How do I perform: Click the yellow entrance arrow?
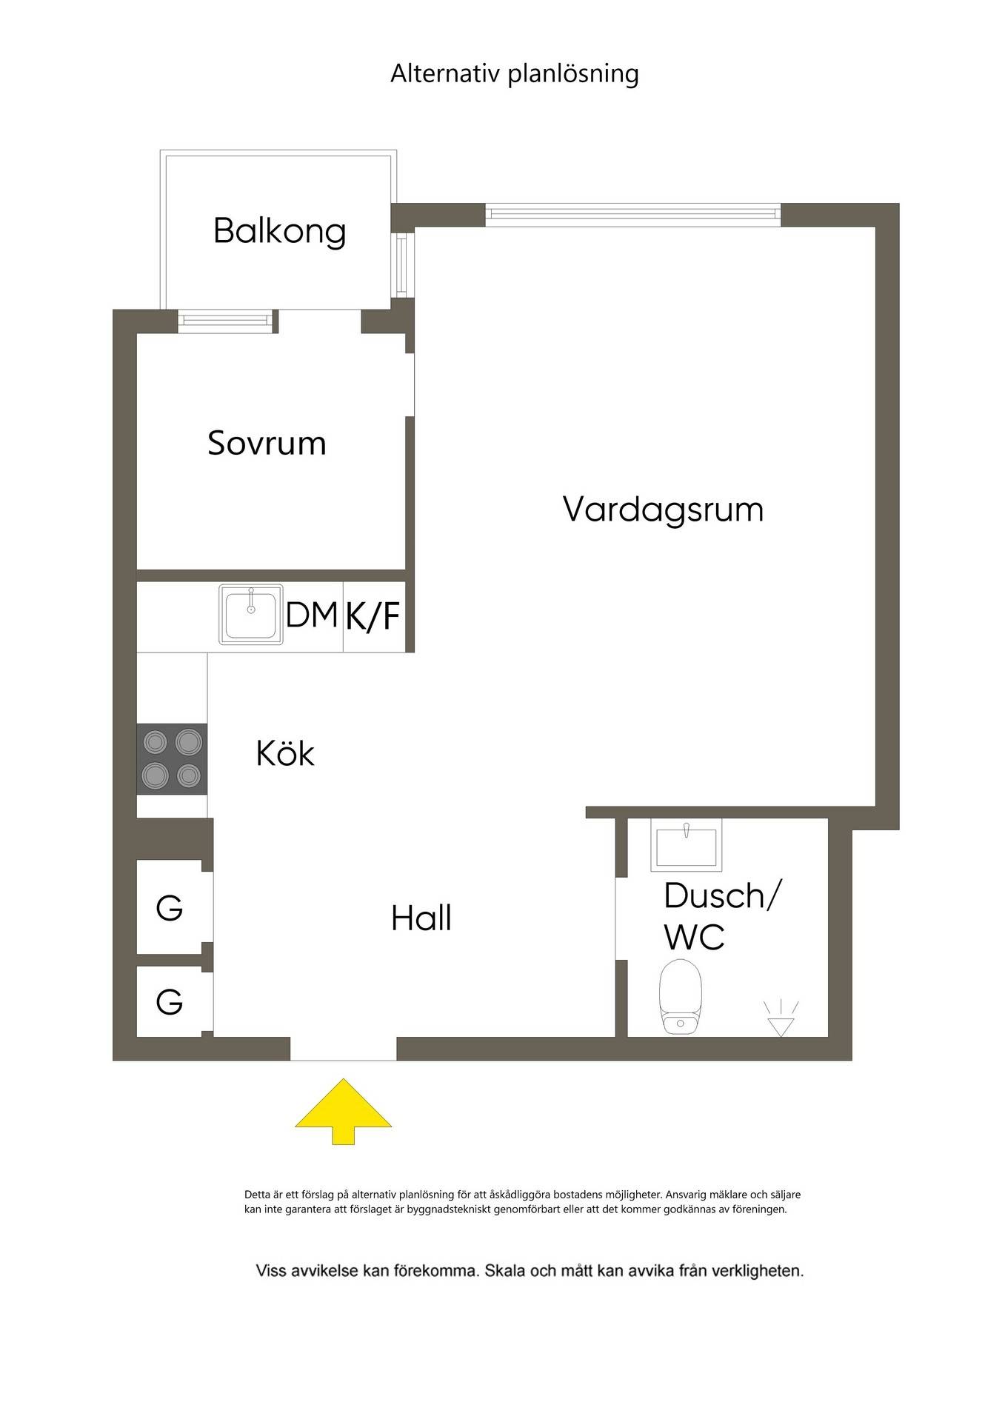point(344,1111)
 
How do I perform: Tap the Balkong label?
point(280,231)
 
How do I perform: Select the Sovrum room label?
point(267,443)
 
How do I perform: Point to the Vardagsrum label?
point(663,510)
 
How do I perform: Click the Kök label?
point(285,753)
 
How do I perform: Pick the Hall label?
point(421,918)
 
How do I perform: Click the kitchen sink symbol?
point(251,615)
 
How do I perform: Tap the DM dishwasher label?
point(312,615)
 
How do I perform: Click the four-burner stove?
point(172,759)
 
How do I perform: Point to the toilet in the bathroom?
point(680,996)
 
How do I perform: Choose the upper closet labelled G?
point(170,907)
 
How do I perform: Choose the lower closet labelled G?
point(170,1002)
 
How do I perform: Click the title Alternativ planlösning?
point(515,74)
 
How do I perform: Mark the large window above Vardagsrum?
point(633,215)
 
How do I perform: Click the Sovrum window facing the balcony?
point(226,321)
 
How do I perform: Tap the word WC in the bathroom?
point(694,937)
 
